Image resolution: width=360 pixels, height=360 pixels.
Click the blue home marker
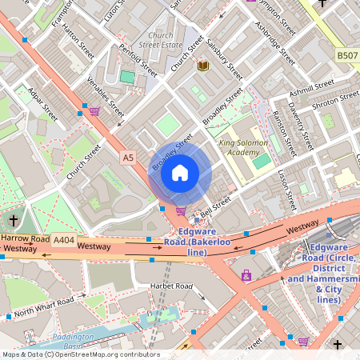[x=180, y=172]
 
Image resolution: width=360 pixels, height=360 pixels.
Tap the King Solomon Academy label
[x=239, y=148]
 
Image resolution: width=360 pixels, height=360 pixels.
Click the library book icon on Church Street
[x=203, y=66]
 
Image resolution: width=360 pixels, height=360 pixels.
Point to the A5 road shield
[x=128, y=158]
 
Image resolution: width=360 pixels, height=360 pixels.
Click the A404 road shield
[x=63, y=238]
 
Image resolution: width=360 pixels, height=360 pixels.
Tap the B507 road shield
[x=347, y=56]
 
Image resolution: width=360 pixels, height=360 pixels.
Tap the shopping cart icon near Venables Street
[x=94, y=111]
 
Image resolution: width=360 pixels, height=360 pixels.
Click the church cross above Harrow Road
[x=14, y=220]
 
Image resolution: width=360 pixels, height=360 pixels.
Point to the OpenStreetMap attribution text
[x=80, y=354]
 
